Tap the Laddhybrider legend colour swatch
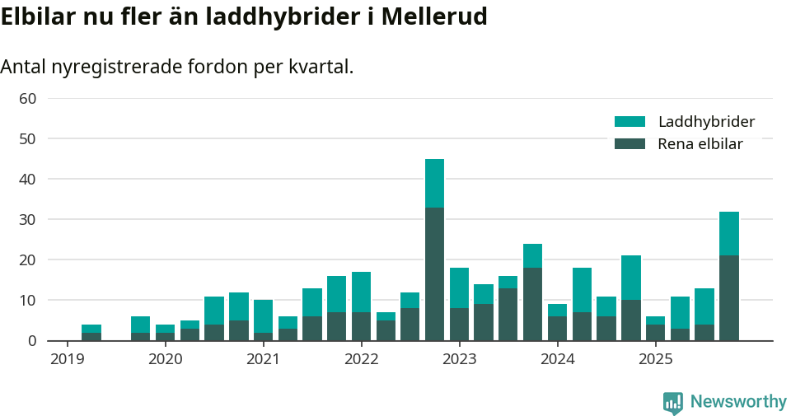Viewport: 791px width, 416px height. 630,122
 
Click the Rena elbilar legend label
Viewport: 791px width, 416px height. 700,144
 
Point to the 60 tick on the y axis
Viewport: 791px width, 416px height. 27,99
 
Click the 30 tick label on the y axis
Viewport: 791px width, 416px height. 27,220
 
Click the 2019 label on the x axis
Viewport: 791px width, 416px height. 67,359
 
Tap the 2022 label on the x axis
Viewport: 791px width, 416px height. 361,359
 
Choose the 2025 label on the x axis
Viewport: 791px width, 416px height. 656,359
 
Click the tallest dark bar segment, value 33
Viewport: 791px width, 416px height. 434,273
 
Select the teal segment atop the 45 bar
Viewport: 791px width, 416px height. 434,183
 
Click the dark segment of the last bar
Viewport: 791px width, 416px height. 728,297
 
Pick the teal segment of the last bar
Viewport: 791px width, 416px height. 728,233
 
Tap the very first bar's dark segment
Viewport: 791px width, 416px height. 91,336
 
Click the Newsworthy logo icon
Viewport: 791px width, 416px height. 673,403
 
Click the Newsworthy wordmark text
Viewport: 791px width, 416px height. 738,402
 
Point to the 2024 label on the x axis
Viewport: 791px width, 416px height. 558,359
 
